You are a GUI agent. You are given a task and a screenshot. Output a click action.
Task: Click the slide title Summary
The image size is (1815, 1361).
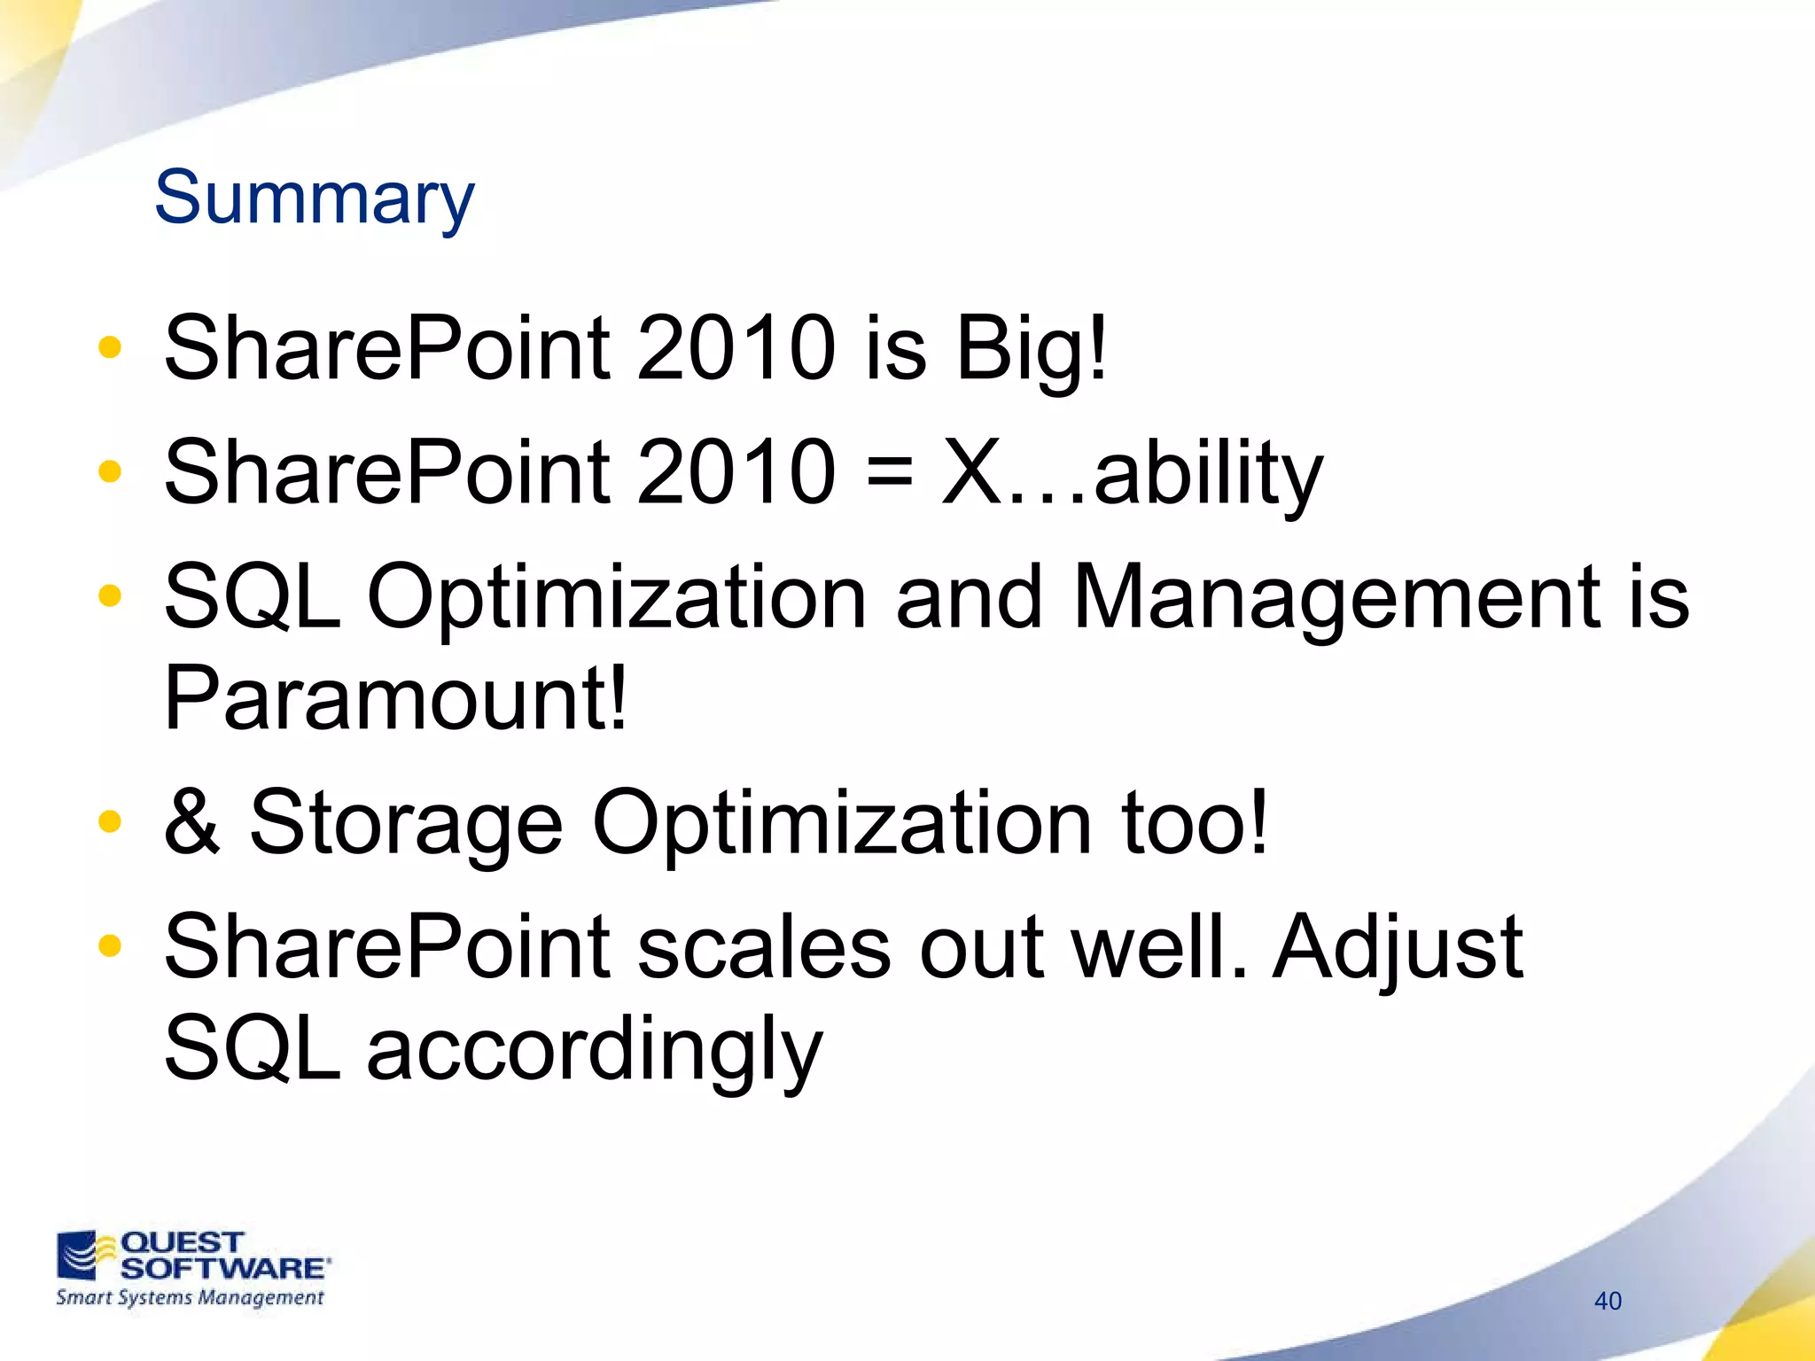[315, 198]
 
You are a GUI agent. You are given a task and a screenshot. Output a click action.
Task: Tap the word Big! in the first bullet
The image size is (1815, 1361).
[1031, 349]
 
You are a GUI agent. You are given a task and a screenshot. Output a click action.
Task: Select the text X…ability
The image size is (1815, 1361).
[1132, 473]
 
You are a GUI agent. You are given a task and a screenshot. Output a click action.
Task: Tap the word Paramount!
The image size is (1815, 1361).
[395, 698]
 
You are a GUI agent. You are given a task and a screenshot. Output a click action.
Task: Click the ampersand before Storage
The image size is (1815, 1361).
[191, 822]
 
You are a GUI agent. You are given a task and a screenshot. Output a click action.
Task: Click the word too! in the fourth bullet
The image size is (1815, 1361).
[1195, 822]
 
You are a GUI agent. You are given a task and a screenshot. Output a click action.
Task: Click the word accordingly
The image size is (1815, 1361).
[595, 1051]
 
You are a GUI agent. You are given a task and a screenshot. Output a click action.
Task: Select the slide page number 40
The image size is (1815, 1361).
[1608, 1301]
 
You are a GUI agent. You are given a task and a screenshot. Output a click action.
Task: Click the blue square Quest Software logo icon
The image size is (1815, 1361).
[77, 1255]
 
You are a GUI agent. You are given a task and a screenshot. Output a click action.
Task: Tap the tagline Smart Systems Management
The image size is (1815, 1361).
[190, 1298]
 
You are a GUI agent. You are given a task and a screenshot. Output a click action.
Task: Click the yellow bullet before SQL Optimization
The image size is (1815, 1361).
[110, 595]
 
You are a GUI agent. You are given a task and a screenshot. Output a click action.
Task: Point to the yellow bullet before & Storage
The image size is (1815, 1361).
[110, 820]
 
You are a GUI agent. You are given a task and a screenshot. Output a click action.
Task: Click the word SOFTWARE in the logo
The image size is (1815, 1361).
[223, 1268]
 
